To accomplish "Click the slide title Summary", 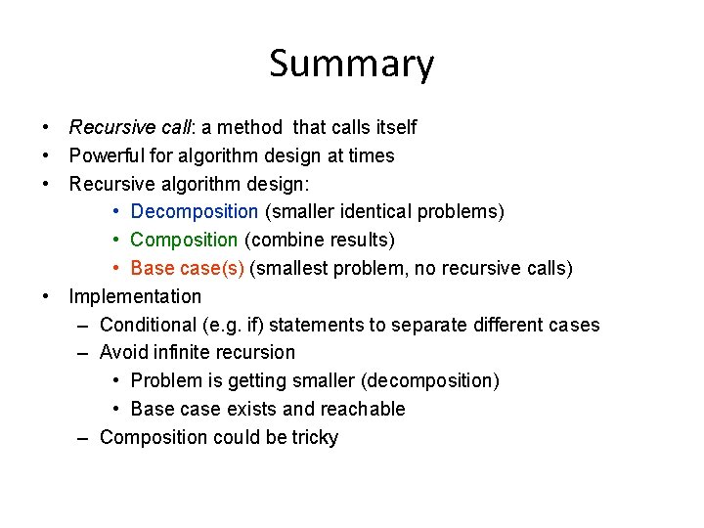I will pos(351,65).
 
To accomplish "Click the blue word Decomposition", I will pos(194,212).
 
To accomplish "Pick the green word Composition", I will pos(184,241).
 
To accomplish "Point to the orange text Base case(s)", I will pos(187,269).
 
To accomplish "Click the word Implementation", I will pos(135,296).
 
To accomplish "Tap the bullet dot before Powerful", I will pos(46,156).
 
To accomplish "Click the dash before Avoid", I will pos(84,353).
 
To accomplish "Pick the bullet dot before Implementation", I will pos(46,296).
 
